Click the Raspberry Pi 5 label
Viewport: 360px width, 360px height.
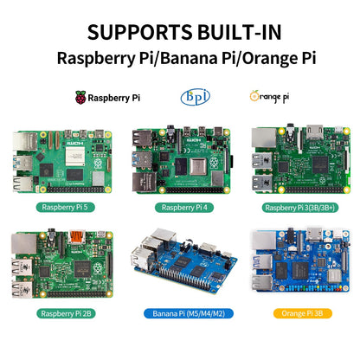click(61, 207)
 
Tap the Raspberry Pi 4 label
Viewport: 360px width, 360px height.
click(180, 207)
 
